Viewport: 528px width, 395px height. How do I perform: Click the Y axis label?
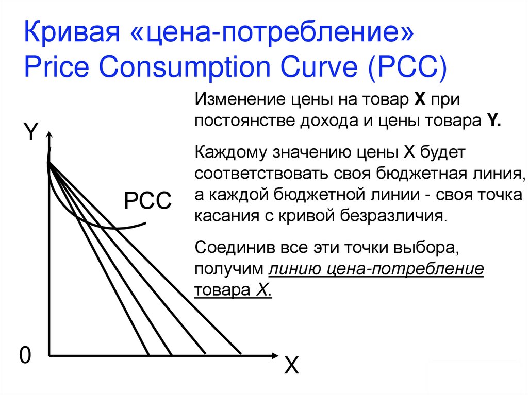(31, 132)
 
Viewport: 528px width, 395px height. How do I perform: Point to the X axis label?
(291, 366)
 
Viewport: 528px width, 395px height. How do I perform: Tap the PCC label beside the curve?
(147, 200)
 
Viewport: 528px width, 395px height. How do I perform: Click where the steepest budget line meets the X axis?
(149, 354)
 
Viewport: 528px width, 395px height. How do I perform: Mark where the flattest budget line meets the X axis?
(241, 354)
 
